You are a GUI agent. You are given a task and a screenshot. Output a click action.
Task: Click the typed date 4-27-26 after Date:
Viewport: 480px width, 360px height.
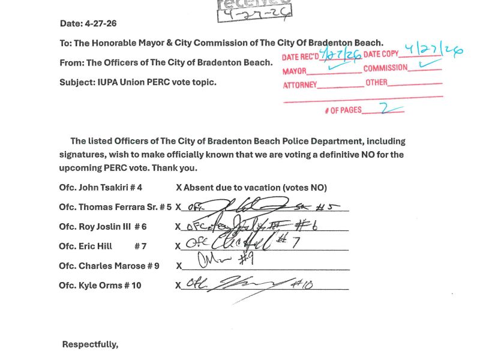[x=101, y=23]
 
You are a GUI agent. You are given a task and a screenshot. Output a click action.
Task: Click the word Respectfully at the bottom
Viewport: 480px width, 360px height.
[x=90, y=344]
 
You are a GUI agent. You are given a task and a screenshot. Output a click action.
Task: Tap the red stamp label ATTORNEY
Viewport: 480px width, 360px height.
[x=299, y=85]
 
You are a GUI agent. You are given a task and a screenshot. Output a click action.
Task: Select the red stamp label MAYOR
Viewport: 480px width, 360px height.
[x=294, y=71]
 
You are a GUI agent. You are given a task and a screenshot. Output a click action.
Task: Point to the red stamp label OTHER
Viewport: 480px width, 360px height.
[x=377, y=82]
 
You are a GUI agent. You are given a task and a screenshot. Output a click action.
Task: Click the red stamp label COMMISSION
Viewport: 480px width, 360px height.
[x=385, y=68]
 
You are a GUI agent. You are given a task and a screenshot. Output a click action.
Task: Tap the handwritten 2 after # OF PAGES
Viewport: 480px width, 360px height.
[x=385, y=109]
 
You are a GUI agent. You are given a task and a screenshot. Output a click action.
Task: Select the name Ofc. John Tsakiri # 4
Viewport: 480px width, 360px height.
[x=101, y=187]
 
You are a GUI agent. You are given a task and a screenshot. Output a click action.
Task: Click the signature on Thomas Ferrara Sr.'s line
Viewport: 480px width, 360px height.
[x=264, y=207]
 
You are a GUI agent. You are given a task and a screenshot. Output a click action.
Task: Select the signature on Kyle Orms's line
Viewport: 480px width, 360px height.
[x=252, y=286]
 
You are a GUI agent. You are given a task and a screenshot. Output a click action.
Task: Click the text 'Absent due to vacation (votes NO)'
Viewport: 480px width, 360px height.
[x=255, y=187]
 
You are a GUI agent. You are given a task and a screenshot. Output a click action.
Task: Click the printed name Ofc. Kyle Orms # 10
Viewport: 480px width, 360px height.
[x=100, y=285]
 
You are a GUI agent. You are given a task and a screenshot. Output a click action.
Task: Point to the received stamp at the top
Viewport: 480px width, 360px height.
[x=254, y=8]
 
